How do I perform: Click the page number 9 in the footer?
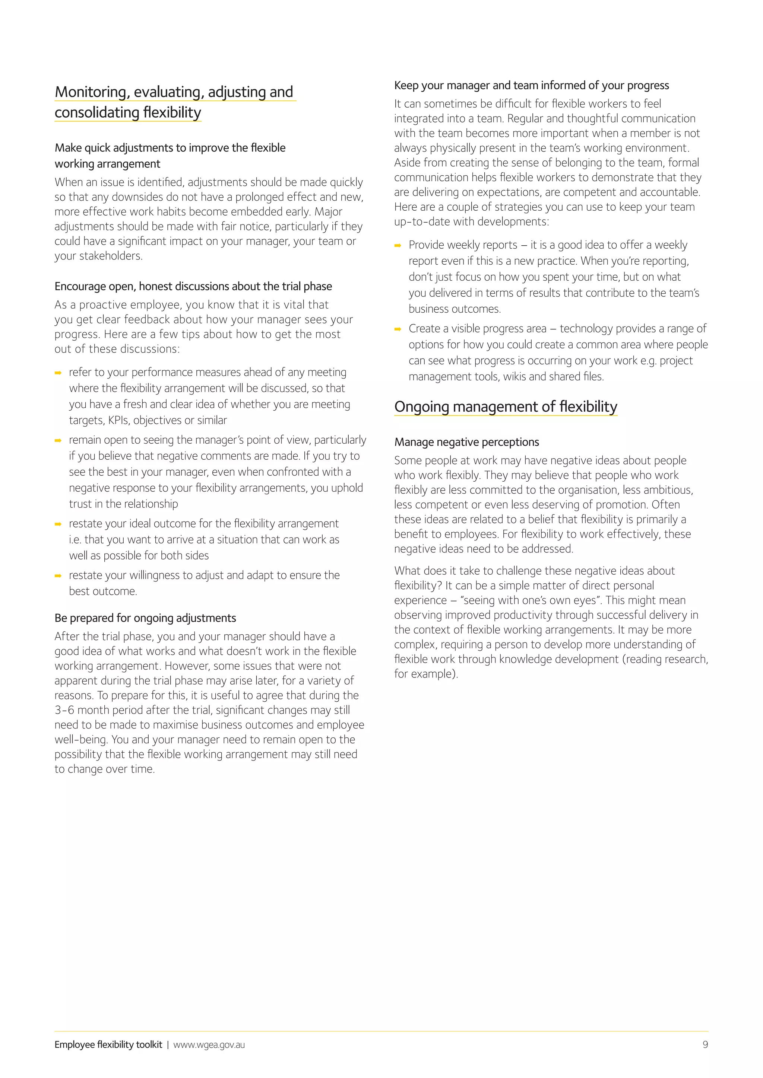click(x=705, y=1044)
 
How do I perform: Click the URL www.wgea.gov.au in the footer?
click(x=209, y=1044)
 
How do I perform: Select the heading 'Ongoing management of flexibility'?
click(x=506, y=406)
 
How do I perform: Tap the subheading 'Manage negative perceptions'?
click(x=466, y=442)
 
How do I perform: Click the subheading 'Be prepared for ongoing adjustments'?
click(x=145, y=618)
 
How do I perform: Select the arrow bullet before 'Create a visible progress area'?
click(x=398, y=329)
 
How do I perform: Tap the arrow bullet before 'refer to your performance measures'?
click(x=58, y=373)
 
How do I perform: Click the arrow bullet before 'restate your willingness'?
click(x=58, y=575)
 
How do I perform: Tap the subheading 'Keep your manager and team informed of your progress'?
click(x=531, y=86)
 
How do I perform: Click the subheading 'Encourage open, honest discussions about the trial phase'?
click(x=193, y=286)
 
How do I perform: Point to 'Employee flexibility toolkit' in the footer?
click(x=108, y=1044)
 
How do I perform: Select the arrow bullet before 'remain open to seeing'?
click(x=58, y=440)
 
